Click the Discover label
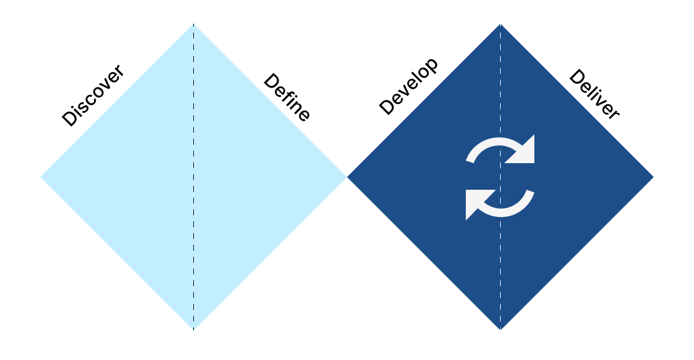[x=93, y=95]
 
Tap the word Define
[x=287, y=98]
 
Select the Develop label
[x=408, y=86]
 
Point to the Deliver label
[x=594, y=95]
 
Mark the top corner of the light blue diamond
[x=193, y=25]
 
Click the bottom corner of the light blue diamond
[x=193, y=329]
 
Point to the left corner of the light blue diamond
[x=42, y=177]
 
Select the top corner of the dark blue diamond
[x=500, y=25]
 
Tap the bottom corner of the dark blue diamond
[x=500, y=329]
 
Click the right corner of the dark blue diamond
[x=652, y=177]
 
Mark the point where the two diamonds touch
[x=346, y=177]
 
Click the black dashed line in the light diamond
[x=193, y=236]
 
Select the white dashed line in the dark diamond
[x=500, y=266]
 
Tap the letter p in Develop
[x=432, y=65]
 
